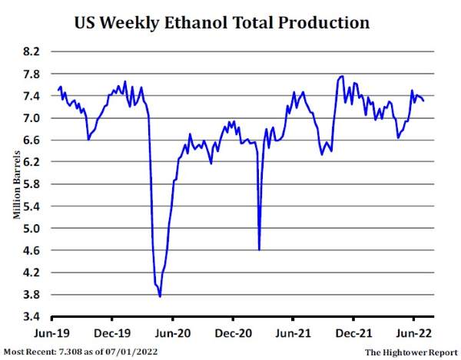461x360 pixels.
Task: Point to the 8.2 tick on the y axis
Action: [33, 52]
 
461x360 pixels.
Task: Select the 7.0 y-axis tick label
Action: [33, 118]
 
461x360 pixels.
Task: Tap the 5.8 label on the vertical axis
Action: [33, 184]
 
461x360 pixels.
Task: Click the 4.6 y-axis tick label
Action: [33, 250]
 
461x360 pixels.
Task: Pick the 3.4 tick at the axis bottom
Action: [33, 316]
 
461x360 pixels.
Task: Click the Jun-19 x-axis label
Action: [51, 335]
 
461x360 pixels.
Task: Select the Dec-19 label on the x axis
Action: [112, 335]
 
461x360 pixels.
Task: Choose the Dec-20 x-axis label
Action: [233, 335]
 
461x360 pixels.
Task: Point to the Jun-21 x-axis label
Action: [293, 335]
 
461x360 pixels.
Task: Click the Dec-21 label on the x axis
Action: [353, 335]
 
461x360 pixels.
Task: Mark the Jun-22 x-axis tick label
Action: [413, 335]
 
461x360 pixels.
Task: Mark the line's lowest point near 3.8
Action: [160, 296]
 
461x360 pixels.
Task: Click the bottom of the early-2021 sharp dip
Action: [259, 249]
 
